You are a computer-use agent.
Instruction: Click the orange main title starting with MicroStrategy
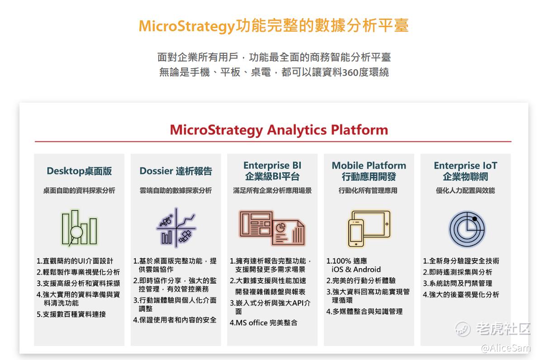274,26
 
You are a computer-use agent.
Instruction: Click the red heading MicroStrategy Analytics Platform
279,130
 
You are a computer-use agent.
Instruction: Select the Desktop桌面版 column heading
79,171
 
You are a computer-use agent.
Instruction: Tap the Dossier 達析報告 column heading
176,171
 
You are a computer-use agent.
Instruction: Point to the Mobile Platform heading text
369,166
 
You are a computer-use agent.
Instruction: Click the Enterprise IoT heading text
465,166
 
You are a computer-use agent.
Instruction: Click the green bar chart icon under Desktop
79,227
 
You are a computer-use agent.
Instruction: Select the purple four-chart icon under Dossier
176,227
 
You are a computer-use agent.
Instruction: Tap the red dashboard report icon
272,227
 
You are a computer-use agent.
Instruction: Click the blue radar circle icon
467,229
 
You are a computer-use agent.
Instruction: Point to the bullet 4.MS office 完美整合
264,323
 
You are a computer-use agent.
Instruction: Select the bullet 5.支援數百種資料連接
71,314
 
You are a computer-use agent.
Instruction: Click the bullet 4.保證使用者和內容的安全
175,320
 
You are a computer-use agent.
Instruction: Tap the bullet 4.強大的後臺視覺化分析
461,295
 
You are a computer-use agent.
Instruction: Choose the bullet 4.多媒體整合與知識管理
364,312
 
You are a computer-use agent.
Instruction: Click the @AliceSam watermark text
506,348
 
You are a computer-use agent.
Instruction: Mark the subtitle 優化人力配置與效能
465,191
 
